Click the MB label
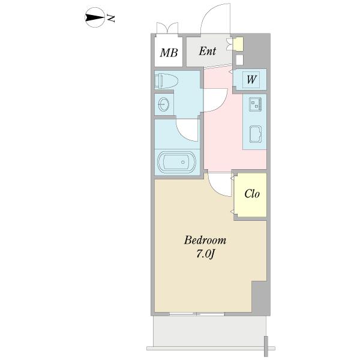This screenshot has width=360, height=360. (169, 52)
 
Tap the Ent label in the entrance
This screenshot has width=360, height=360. (208, 52)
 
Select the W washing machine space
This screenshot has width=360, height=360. (251, 79)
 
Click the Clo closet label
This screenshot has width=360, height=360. (251, 194)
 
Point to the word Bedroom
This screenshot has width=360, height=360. (205, 241)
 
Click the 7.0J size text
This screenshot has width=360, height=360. (205, 254)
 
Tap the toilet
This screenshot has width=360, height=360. (166, 80)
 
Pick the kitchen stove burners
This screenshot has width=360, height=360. (255, 106)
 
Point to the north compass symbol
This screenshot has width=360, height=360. (94, 18)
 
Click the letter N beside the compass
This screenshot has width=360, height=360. (111, 19)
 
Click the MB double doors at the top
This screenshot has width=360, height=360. (167, 28)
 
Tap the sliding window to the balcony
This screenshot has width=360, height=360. (197, 314)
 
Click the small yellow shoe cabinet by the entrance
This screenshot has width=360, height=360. (239, 44)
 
